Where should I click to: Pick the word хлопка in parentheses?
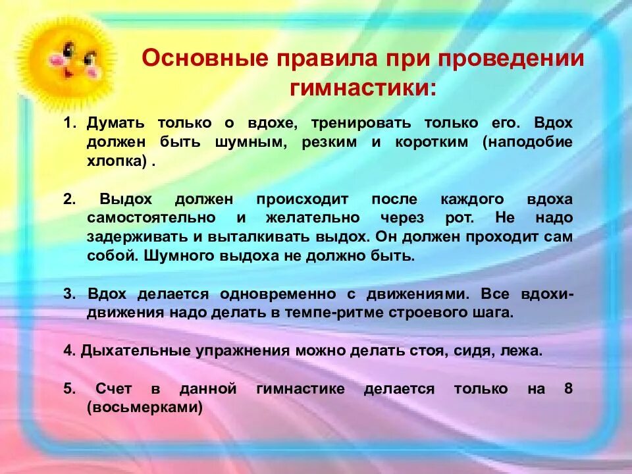116,161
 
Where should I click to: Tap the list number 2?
70,199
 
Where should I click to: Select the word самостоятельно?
151,218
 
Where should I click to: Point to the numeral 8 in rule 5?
568,389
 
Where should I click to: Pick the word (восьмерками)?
144,408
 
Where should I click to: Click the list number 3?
70,294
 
